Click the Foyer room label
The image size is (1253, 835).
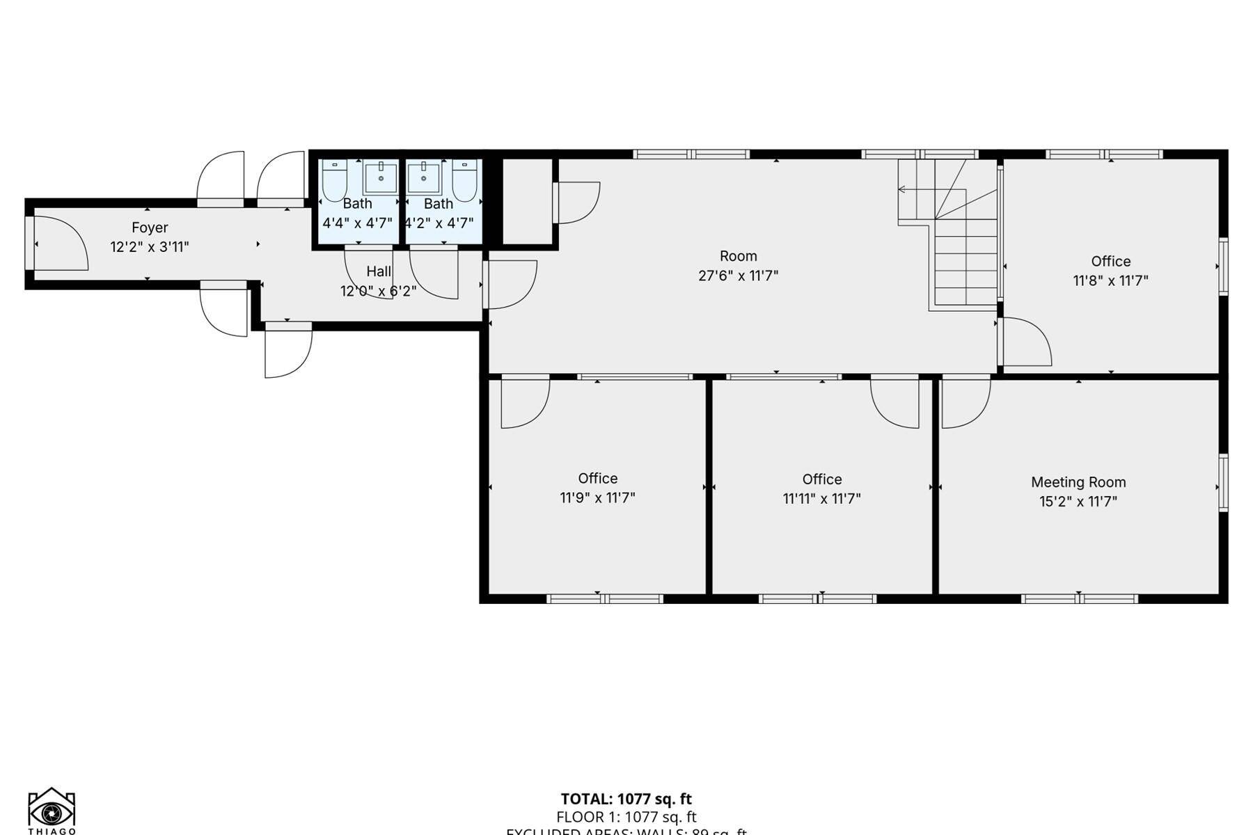(x=150, y=228)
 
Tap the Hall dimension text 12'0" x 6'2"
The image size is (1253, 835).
(x=378, y=291)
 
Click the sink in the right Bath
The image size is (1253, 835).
(x=423, y=178)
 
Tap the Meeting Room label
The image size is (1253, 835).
(x=1078, y=482)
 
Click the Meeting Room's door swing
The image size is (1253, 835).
(x=966, y=404)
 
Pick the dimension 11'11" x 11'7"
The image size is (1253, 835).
(x=821, y=499)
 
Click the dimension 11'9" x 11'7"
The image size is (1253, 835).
(x=597, y=498)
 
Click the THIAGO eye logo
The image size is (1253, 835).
(x=52, y=811)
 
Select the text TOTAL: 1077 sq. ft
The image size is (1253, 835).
(x=626, y=799)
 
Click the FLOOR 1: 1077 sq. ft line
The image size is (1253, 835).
(x=626, y=817)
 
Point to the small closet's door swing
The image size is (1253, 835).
(x=578, y=202)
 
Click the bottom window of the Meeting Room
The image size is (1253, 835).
(x=1079, y=598)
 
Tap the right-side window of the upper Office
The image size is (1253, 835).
(x=1223, y=266)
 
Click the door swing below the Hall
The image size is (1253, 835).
(x=287, y=351)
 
